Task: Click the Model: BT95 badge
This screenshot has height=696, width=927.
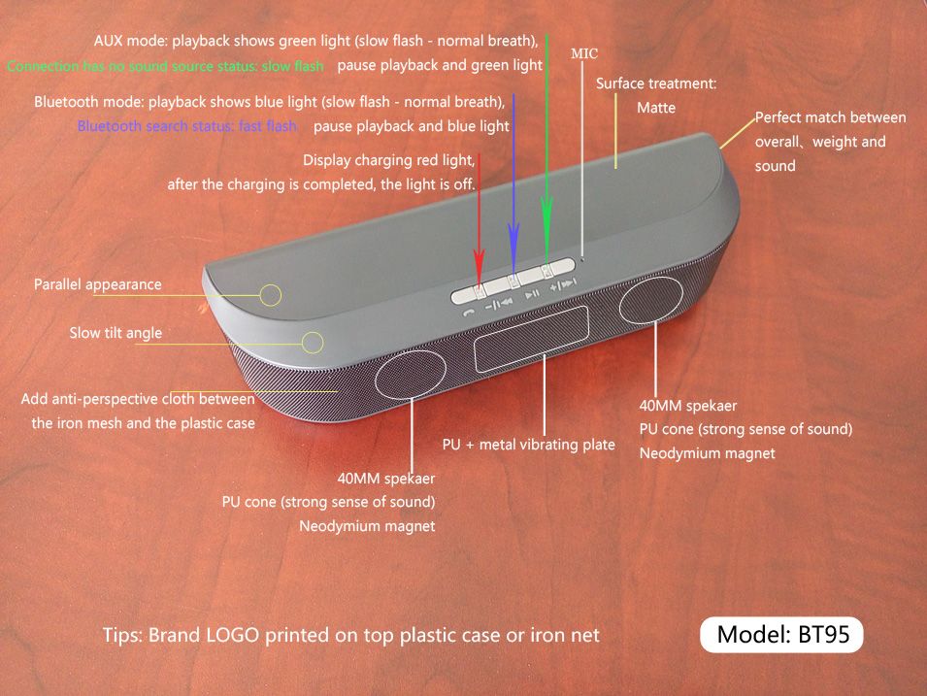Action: [781, 635]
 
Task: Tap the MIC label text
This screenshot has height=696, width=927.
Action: [584, 53]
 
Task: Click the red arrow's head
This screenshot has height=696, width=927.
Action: [479, 264]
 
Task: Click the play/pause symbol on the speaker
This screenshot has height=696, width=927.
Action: [532, 293]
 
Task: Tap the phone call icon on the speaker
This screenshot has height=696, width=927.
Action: [468, 313]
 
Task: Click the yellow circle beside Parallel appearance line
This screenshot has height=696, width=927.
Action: [271, 294]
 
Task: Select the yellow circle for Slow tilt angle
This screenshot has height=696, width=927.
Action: [313, 343]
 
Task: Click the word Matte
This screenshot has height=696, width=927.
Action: [655, 108]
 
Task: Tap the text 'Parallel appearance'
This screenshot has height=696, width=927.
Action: [97, 284]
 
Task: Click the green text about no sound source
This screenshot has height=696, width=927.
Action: [166, 66]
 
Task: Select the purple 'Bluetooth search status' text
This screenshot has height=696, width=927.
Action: [186, 126]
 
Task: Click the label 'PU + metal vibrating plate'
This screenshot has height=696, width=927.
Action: [528, 445]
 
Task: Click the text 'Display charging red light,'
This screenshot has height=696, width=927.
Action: [389, 161]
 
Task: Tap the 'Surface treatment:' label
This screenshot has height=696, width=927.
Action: [656, 83]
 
